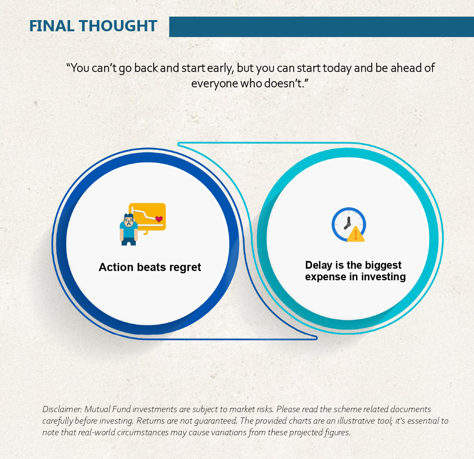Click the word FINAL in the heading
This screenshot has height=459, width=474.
51,26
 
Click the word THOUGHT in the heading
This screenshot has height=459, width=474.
118,26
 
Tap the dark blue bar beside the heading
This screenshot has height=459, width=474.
322,27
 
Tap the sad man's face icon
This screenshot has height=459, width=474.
129,221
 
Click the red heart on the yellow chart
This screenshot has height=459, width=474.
159,219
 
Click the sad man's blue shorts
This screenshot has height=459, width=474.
129,241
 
